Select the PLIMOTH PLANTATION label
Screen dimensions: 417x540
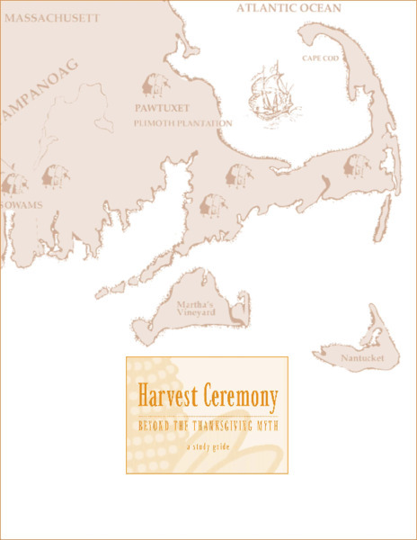(x=182, y=123)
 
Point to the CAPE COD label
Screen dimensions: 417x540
(x=318, y=58)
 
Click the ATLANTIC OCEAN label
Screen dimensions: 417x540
(x=290, y=8)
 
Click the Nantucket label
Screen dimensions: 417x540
(x=362, y=358)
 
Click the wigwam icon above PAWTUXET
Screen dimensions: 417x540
(x=155, y=85)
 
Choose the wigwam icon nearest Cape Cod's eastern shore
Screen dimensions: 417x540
(x=358, y=164)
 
